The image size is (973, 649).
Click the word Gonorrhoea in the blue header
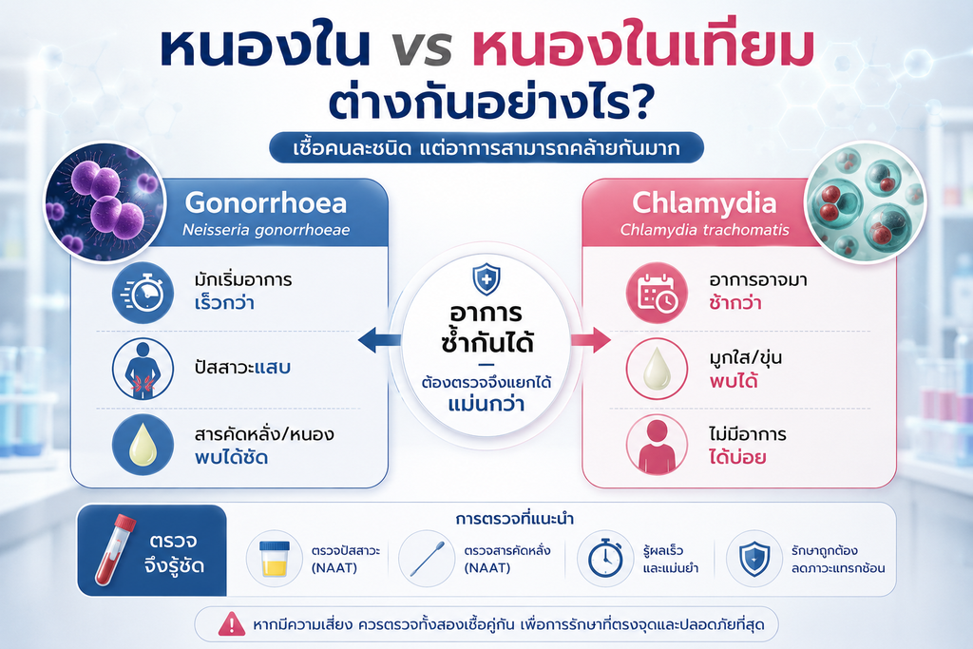pos(266,203)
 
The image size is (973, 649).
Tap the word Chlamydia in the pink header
pos(704,203)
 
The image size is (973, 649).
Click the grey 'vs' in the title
pos(422,50)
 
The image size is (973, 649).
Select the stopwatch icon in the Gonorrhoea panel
pos(143,293)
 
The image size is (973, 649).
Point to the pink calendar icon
pos(657,293)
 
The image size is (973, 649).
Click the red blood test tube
pos(115,549)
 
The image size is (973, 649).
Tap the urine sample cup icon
pos(275,558)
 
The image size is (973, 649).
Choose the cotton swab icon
pos(428,558)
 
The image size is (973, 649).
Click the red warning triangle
pos(232,624)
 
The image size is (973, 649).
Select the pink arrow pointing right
pos(591,340)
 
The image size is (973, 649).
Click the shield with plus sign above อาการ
pos(486,279)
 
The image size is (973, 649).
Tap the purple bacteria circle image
pos(105,202)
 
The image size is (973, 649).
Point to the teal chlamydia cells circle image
pos(865,202)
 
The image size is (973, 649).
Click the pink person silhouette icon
pos(657,445)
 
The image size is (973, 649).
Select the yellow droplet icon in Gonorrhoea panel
pos(143,445)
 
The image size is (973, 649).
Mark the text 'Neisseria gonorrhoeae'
pos(266,230)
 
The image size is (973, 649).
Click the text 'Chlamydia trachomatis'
pos(705,230)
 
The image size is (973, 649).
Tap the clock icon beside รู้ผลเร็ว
pos(605,558)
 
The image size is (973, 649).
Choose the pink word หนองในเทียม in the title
pos(642,48)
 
